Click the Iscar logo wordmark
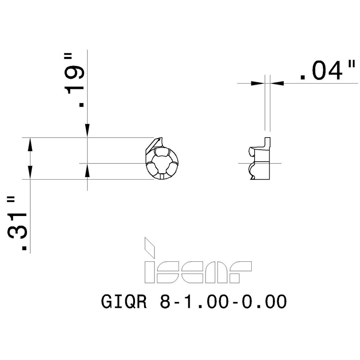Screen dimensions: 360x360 point(198,272)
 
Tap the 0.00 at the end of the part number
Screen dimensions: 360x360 point(265,302)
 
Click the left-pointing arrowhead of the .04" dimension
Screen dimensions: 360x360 point(277,83)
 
